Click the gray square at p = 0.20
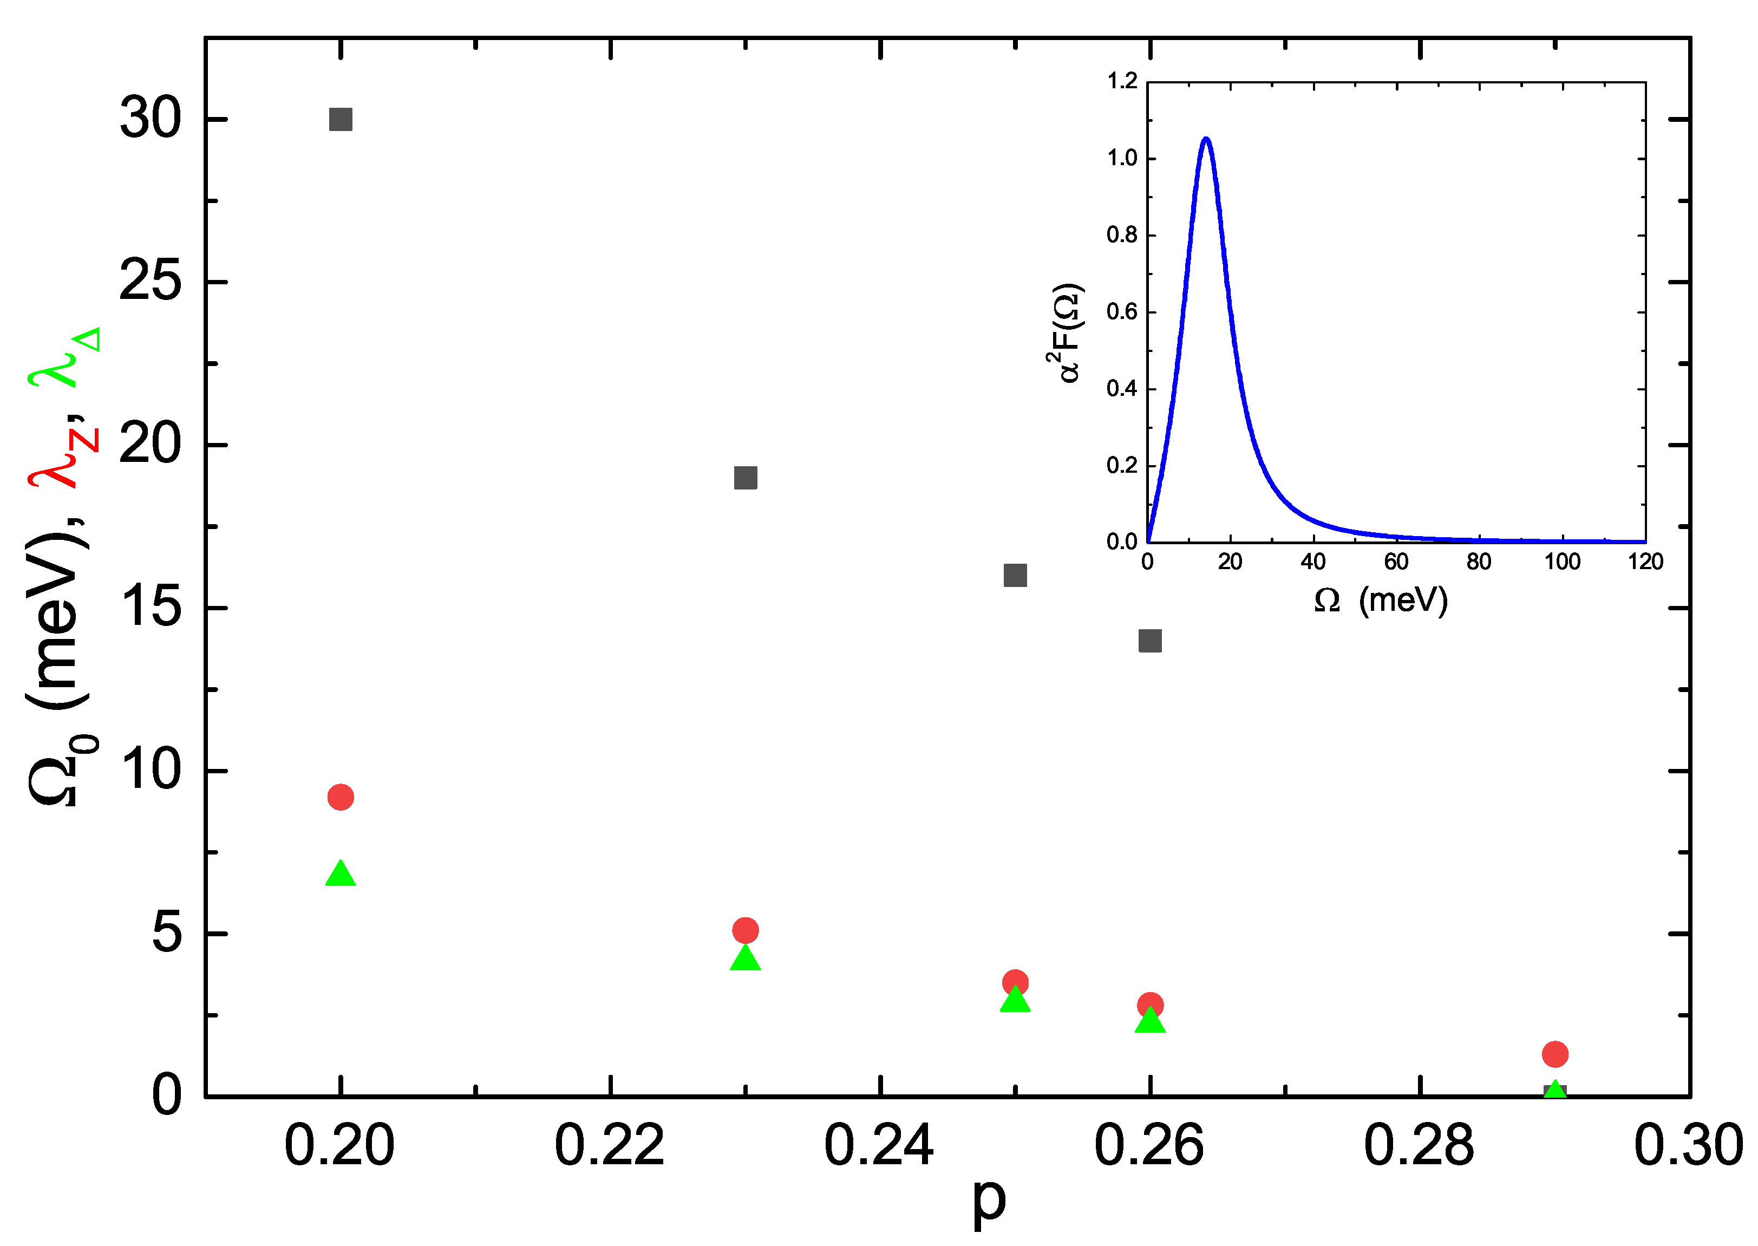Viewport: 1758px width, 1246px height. pos(341,120)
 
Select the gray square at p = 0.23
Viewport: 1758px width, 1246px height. pos(746,478)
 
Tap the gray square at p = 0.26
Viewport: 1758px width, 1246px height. pos(1150,641)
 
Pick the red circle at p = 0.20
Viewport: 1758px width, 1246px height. pos(341,797)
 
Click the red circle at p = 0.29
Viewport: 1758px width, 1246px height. pos(1555,1054)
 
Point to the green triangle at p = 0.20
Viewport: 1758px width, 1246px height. pos(341,875)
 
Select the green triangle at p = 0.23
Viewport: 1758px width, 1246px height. pos(746,959)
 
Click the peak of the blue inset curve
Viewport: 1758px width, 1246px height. pos(1206,139)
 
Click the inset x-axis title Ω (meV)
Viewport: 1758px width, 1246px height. pos(1381,600)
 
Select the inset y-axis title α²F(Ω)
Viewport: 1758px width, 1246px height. pos(1064,333)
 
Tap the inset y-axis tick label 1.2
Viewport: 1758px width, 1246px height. pos(1122,81)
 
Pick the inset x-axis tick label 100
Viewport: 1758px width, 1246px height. pos(1561,562)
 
